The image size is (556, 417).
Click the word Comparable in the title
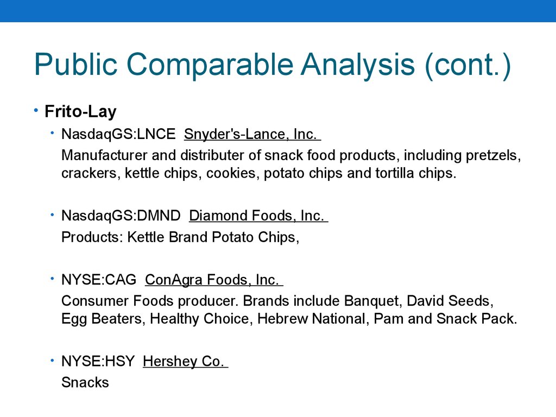(x=210, y=65)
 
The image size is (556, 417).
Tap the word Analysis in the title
(x=357, y=64)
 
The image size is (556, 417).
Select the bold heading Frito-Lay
(x=80, y=111)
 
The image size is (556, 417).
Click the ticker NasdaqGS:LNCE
(x=118, y=135)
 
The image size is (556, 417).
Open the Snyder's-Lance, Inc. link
(x=252, y=135)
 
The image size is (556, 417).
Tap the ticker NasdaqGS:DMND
(x=121, y=216)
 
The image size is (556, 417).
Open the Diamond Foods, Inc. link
(x=258, y=216)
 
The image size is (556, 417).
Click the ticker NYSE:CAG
(x=99, y=280)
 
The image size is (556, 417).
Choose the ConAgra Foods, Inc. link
(x=214, y=280)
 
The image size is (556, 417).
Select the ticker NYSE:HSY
(x=98, y=361)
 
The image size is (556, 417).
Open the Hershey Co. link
(x=185, y=361)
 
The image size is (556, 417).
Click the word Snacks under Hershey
(x=85, y=383)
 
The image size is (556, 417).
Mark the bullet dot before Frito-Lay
(x=36, y=111)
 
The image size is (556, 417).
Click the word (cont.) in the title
(x=467, y=65)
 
